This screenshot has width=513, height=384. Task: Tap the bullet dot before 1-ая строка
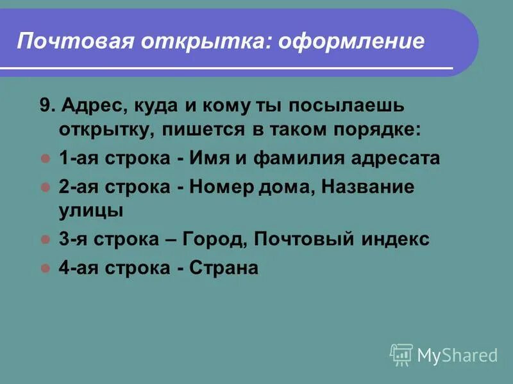click(45, 157)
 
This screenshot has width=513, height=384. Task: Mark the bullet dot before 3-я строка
click(45, 239)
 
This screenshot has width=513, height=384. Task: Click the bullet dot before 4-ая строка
click(45, 268)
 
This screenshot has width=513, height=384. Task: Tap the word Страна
click(224, 268)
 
